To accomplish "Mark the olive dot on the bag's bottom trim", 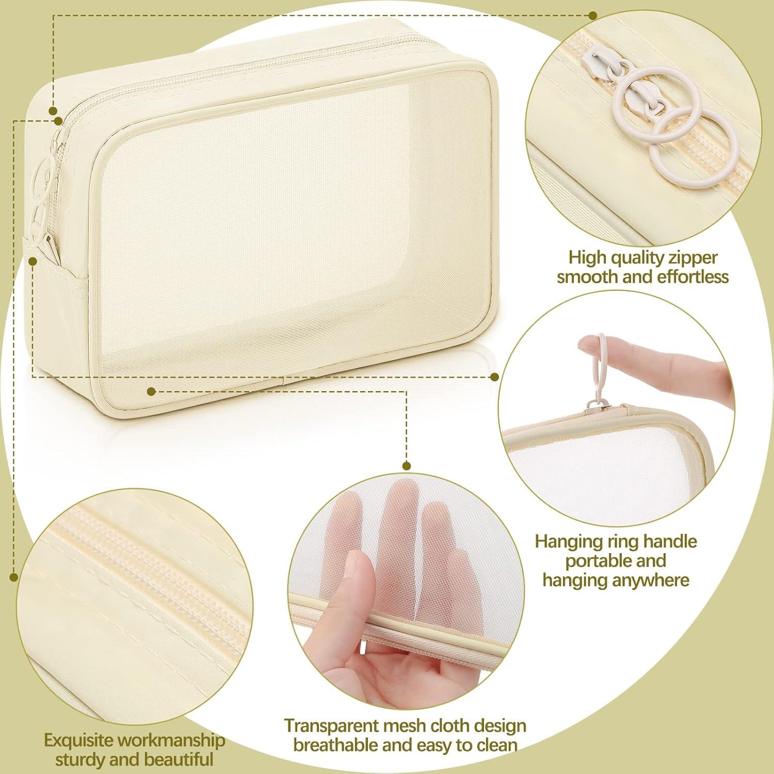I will (151, 392).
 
